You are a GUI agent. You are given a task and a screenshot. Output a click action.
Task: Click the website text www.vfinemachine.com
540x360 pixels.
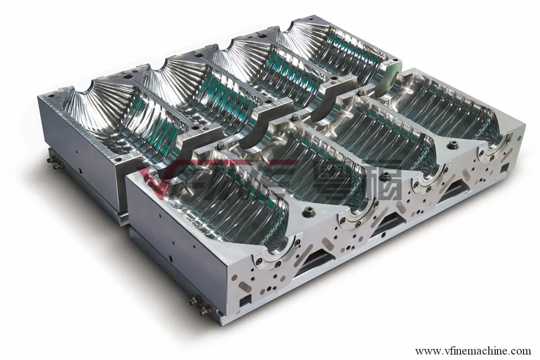point(473,351)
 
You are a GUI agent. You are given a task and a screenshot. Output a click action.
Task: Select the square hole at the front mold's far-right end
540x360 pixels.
point(504,168)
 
